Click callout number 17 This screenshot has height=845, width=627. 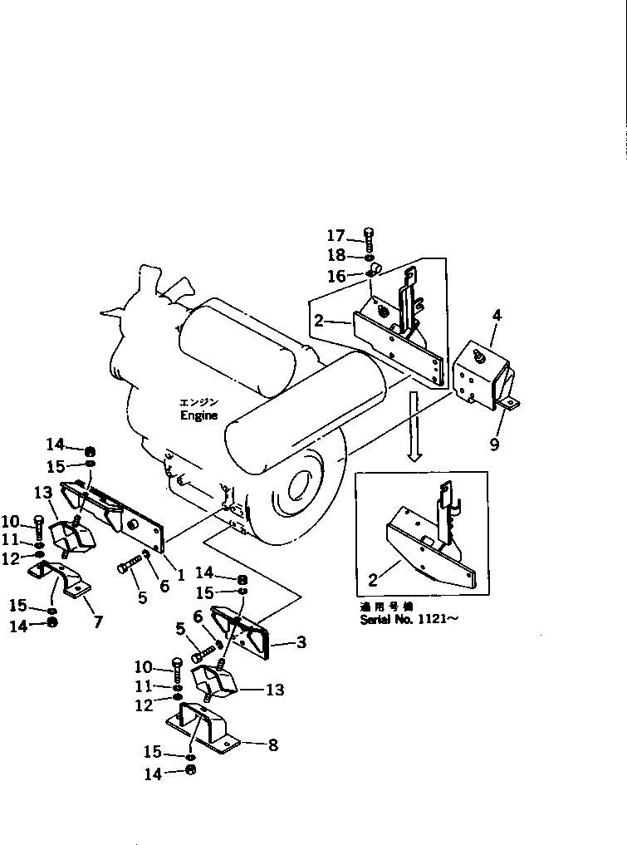pyautogui.click(x=336, y=236)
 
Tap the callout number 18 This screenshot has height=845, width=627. pyautogui.click(x=336, y=255)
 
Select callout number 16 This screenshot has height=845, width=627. pyautogui.click(x=336, y=276)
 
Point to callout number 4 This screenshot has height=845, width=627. pyautogui.click(x=496, y=316)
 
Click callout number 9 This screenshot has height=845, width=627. pyautogui.click(x=494, y=445)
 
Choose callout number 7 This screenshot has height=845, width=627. pyautogui.click(x=98, y=621)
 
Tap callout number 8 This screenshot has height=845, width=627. pyautogui.click(x=272, y=745)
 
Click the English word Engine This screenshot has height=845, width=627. pyautogui.click(x=198, y=415)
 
